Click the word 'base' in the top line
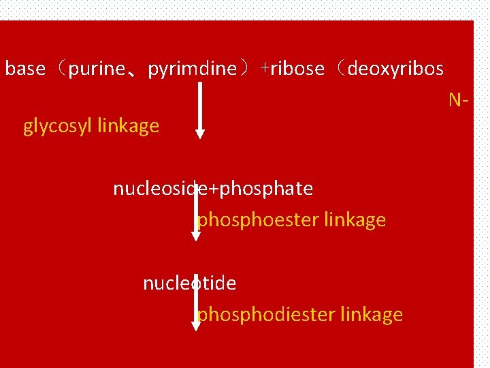pyautogui.click(x=25, y=69)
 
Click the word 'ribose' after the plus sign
pyautogui.click(x=297, y=69)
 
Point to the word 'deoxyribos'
pyautogui.click(x=395, y=69)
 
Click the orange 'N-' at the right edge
pyautogui.click(x=458, y=100)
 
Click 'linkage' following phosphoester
pyautogui.click(x=355, y=220)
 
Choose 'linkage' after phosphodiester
pyautogui.click(x=372, y=314)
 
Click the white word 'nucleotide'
pyautogui.click(x=190, y=283)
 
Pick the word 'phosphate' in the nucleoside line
pyautogui.click(x=267, y=188)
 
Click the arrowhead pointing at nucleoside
pyautogui.click(x=199, y=134)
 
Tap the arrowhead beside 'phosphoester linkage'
pyautogui.click(x=196, y=236)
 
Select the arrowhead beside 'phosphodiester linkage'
pyautogui.click(x=196, y=326)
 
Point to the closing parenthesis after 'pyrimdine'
pyautogui.click(x=246, y=69)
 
